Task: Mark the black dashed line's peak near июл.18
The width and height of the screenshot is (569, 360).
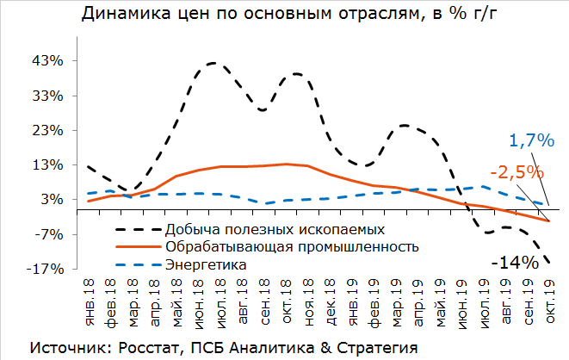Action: [x=213, y=63]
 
